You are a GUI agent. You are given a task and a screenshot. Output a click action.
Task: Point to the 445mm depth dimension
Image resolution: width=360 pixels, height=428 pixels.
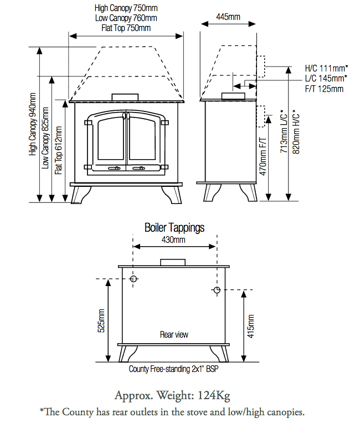(228, 17)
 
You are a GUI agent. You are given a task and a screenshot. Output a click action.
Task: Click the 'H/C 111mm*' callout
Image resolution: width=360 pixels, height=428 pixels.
(326, 68)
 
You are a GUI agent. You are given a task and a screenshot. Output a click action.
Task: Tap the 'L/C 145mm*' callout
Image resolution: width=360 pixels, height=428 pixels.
(326, 78)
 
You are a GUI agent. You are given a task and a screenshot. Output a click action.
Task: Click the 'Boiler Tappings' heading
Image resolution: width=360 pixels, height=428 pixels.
(174, 228)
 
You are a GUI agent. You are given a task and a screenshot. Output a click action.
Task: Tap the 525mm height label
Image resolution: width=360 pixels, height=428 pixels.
(101, 320)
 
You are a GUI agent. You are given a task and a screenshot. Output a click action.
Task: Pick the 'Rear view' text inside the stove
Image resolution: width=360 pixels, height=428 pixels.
(174, 334)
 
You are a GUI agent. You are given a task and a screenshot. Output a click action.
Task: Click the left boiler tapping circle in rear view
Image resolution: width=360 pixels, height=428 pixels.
(133, 279)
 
